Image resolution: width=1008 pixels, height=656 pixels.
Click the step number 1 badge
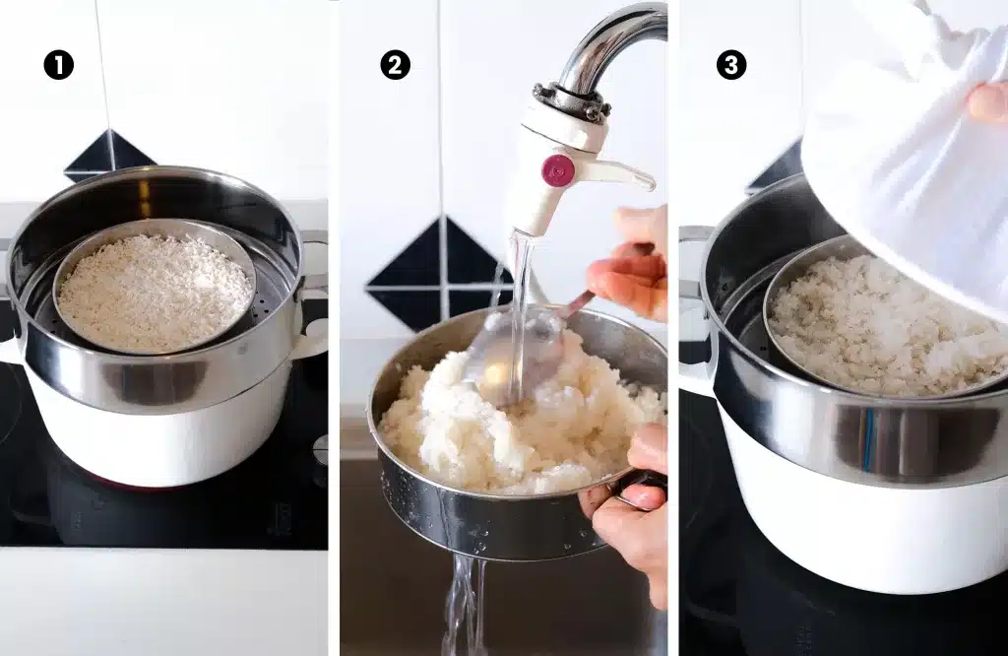coord(59,65)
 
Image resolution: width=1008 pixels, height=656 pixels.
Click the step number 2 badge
coord(395,65)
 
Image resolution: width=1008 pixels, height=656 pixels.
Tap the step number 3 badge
coord(731,65)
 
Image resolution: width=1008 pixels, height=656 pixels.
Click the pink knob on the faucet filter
coord(558,169)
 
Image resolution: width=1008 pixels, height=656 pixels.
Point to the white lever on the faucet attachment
coord(620,174)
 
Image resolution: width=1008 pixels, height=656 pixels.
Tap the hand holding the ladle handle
coord(632,266)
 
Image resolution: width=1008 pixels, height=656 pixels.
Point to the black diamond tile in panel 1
coord(108,156)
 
